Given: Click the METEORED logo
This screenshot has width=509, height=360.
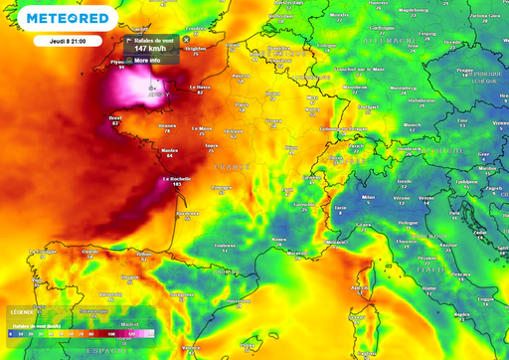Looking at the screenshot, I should click(68, 19).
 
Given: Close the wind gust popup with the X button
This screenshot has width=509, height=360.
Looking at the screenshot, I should click(185, 39).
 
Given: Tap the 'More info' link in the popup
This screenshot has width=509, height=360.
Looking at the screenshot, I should click(147, 60).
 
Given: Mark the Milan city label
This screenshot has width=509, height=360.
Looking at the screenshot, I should click(368, 197).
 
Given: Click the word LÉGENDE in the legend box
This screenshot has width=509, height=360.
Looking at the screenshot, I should click(24, 312).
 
